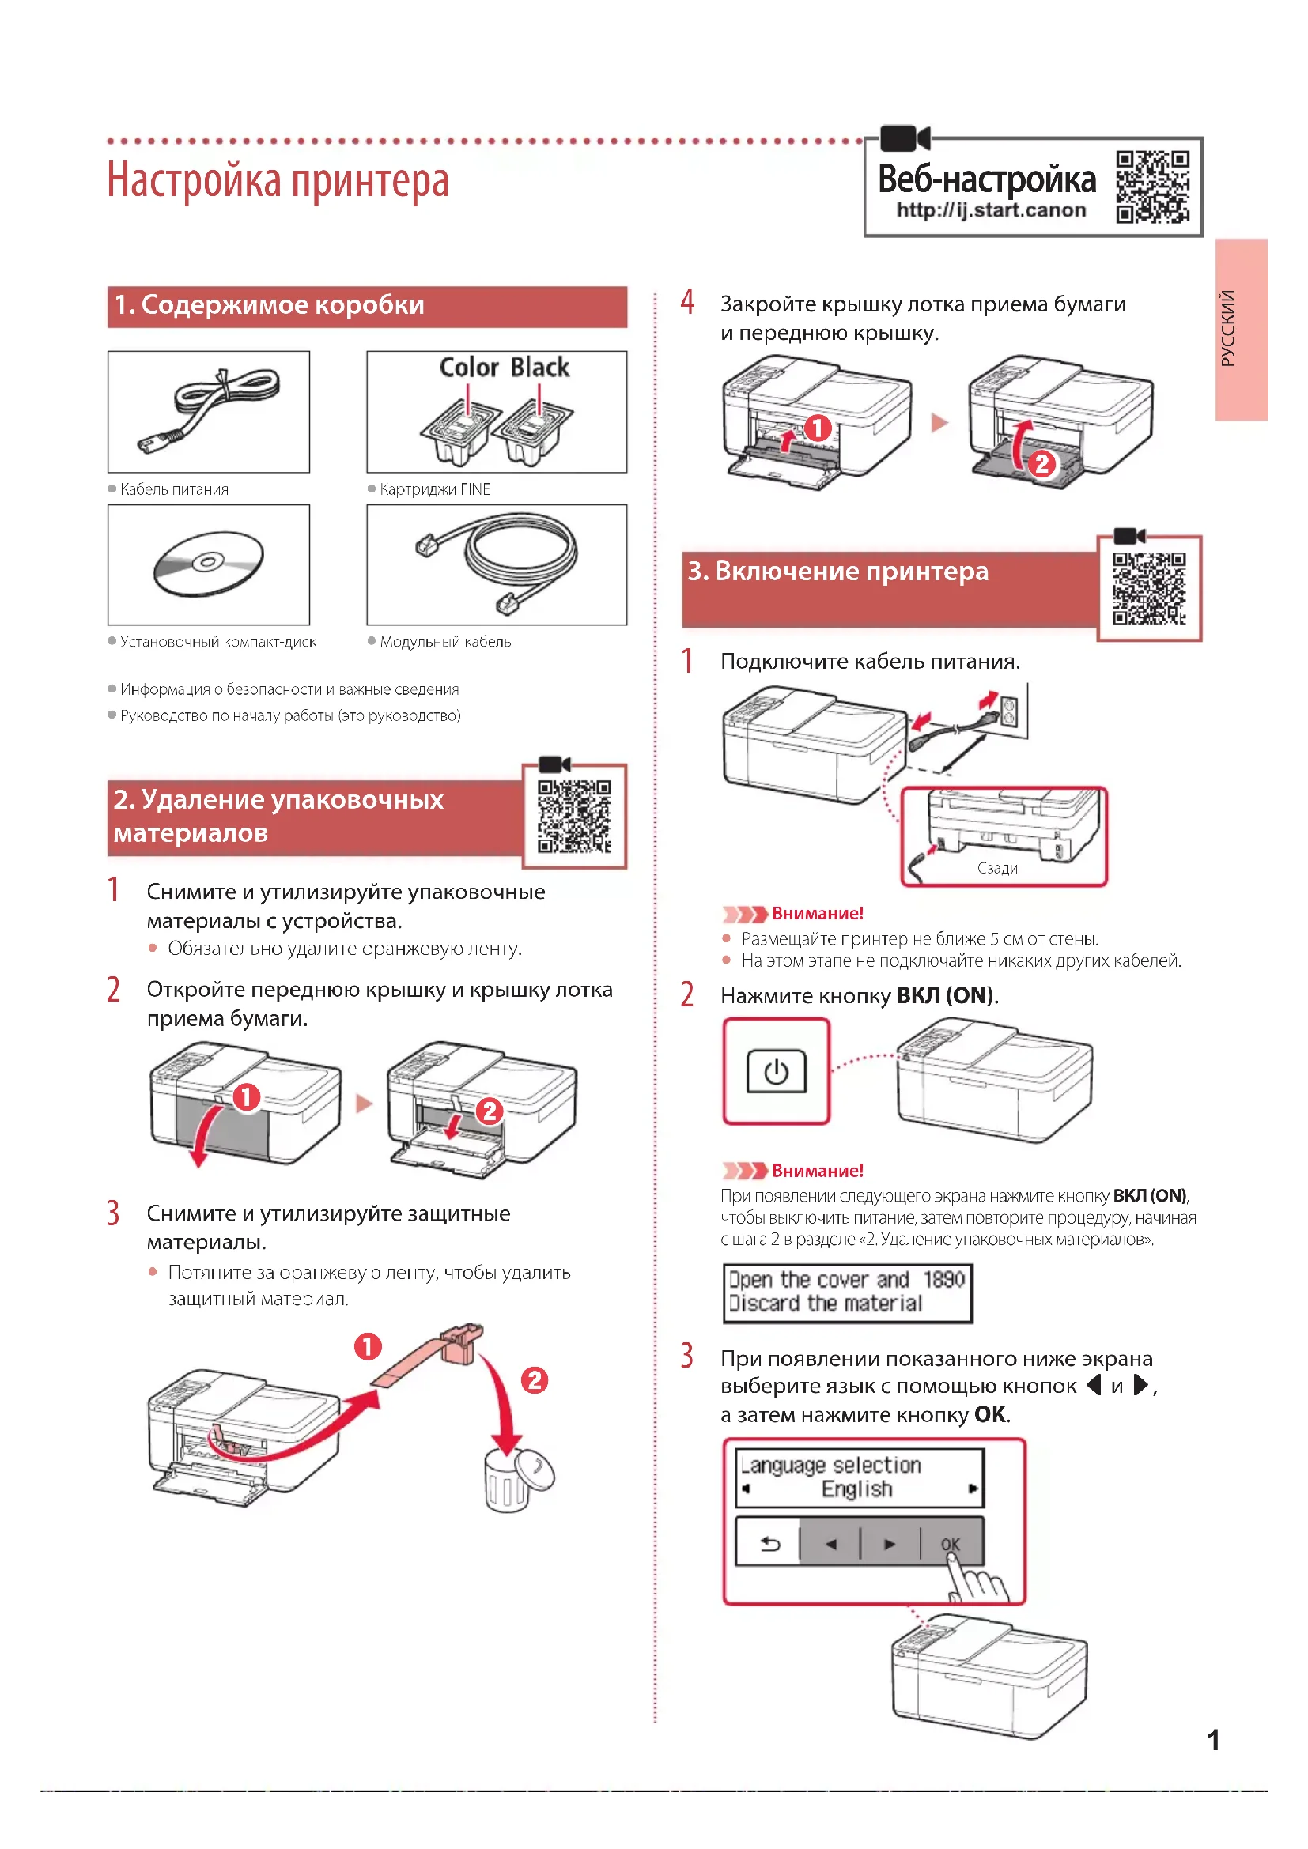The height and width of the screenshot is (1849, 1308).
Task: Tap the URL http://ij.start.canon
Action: (991, 211)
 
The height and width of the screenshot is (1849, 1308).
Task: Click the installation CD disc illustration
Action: (209, 564)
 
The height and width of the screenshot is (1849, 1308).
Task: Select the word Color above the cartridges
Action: (469, 368)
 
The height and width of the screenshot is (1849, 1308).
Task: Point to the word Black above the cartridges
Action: (540, 368)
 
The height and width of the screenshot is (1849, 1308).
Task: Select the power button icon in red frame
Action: (776, 1072)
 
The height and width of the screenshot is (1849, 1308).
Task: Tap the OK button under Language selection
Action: (951, 1544)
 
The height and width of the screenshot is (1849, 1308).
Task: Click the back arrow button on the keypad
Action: (770, 1544)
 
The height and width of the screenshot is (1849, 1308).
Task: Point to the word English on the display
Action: (856, 1489)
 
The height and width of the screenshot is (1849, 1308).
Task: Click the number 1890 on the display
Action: (943, 1280)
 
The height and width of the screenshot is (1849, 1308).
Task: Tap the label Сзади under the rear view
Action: (997, 868)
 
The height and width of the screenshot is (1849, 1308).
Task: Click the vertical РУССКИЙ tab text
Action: (1227, 329)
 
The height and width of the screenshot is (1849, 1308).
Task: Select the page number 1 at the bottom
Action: (1213, 1740)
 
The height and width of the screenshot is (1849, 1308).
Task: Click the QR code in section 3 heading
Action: (1148, 589)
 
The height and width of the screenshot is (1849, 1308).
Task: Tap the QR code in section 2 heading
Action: (574, 816)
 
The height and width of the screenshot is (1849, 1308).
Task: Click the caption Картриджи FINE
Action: (434, 489)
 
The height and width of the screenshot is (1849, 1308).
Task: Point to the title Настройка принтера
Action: (278, 180)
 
